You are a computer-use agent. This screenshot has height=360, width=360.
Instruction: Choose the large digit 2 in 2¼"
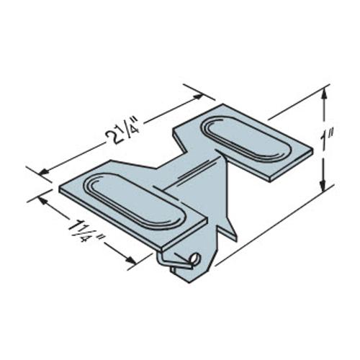pyautogui.click(x=117, y=135)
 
